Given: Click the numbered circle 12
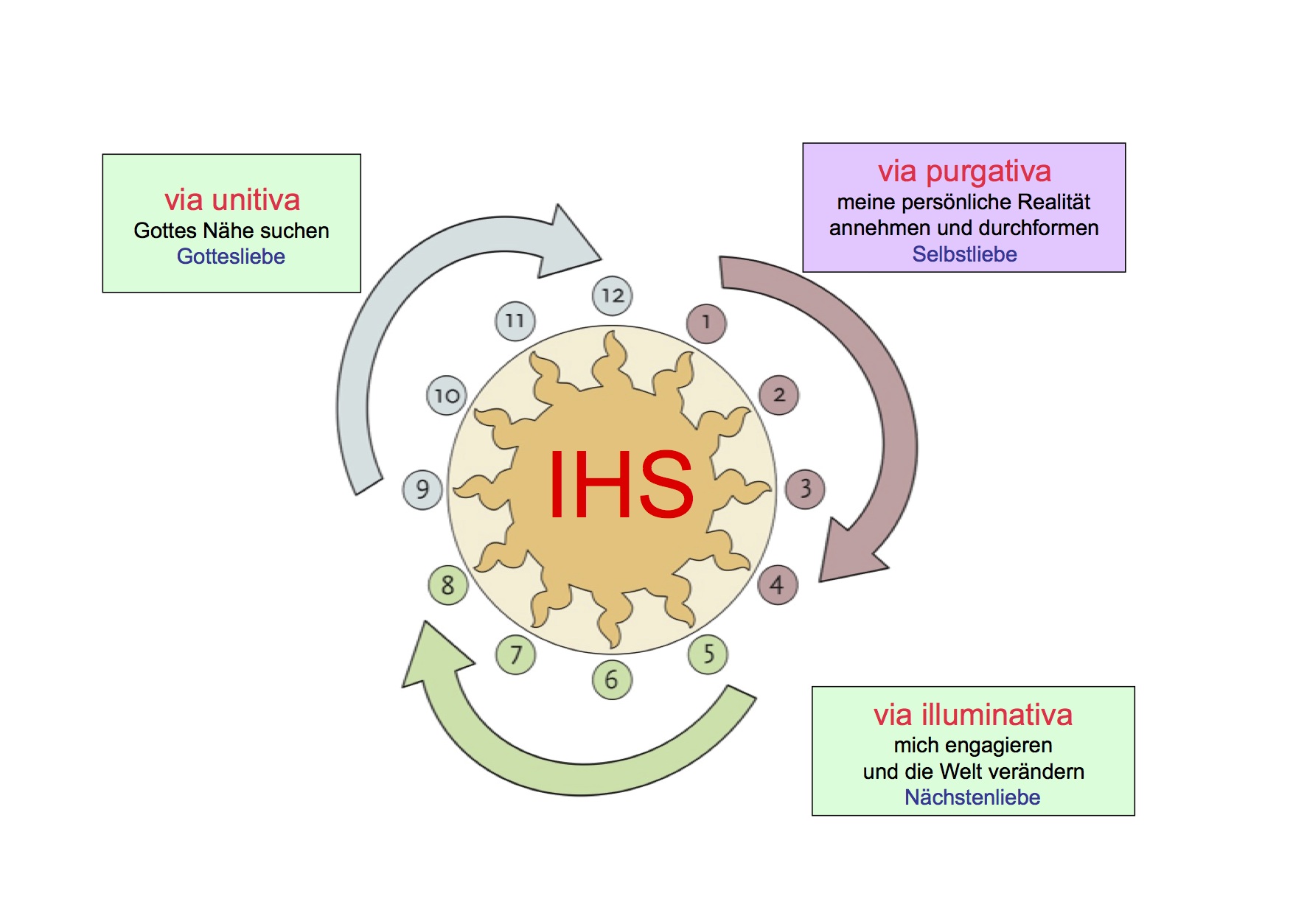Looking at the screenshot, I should click(613, 295).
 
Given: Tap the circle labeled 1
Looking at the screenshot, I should click(706, 323).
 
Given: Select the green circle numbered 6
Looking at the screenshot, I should click(612, 679).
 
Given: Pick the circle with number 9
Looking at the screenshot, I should click(422, 489).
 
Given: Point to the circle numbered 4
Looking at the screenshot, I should click(778, 585).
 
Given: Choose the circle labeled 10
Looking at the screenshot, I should click(447, 396).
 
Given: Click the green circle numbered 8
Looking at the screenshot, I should click(448, 585).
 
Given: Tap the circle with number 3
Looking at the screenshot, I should click(805, 489).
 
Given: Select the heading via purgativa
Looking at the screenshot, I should click(964, 171).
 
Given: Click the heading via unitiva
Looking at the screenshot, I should click(231, 200).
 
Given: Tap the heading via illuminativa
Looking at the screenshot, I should click(973, 715).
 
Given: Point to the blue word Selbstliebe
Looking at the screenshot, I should click(964, 254).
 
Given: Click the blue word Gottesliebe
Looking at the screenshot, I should click(231, 256).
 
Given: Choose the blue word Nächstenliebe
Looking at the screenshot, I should click(972, 797).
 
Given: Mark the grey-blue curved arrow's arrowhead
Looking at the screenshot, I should click(568, 239).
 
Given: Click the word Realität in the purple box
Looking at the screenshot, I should click(1053, 202).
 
